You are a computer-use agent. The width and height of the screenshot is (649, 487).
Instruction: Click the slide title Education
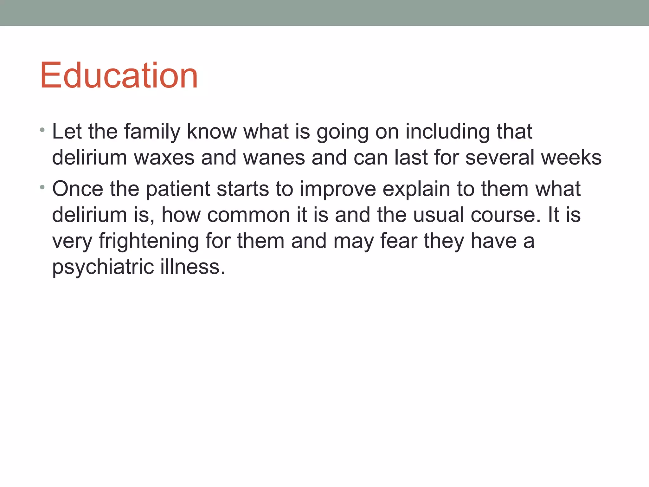coord(119,75)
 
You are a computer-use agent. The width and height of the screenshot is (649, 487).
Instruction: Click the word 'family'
coord(152,131)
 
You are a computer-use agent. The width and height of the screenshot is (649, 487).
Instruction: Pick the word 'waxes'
coord(164,157)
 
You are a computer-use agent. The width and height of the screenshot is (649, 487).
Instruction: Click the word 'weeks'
coord(571,157)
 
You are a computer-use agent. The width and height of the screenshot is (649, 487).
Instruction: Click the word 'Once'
coord(78,189)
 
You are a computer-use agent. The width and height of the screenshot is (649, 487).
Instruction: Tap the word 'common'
coord(248,215)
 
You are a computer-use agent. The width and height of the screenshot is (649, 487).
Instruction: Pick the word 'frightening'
coord(149,241)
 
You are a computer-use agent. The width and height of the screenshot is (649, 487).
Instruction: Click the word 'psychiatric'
coord(103,267)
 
